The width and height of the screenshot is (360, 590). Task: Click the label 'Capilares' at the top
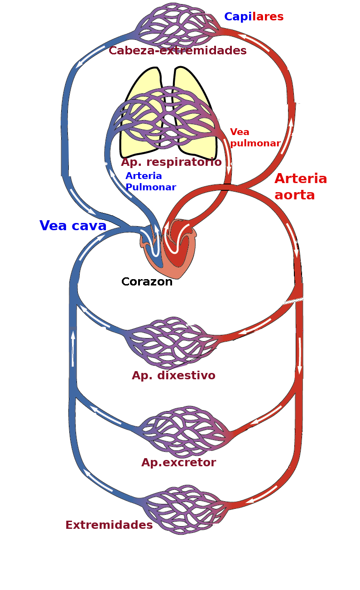pyautogui.click(x=254, y=17)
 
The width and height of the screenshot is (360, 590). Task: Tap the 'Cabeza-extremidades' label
pyautogui.click(x=178, y=50)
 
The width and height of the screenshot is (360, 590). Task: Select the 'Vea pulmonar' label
pyautogui.click(x=255, y=138)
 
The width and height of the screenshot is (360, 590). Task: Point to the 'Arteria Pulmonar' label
pyautogui.click(x=150, y=181)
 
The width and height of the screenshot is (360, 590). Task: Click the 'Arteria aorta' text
pyautogui.click(x=300, y=186)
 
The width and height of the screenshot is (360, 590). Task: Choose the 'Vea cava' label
pyautogui.click(x=73, y=226)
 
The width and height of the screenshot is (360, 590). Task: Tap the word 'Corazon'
pyautogui.click(x=147, y=282)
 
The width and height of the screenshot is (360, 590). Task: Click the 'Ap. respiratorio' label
pyautogui.click(x=171, y=162)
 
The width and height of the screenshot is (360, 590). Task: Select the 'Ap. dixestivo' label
pyautogui.click(x=173, y=376)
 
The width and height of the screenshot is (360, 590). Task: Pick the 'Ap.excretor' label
pyautogui.click(x=178, y=463)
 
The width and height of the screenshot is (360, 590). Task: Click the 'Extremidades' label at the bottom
pyautogui.click(x=109, y=525)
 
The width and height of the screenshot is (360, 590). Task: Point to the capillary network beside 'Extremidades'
pyautogui.click(x=186, y=510)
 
